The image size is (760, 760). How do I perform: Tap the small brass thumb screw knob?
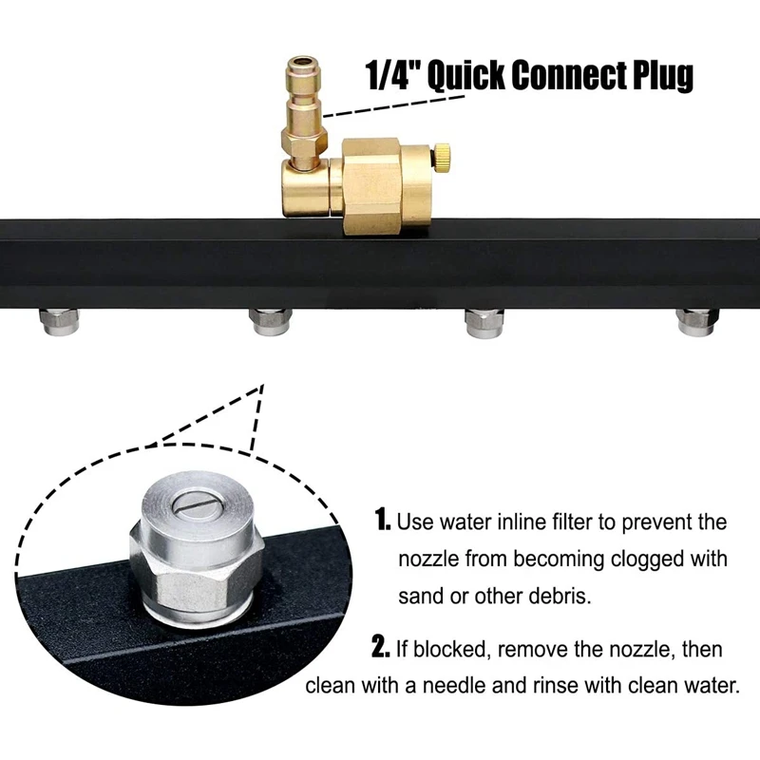click(444, 156)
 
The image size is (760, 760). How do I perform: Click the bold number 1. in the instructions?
click(383, 521)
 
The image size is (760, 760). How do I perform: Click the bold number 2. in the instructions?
click(381, 650)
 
